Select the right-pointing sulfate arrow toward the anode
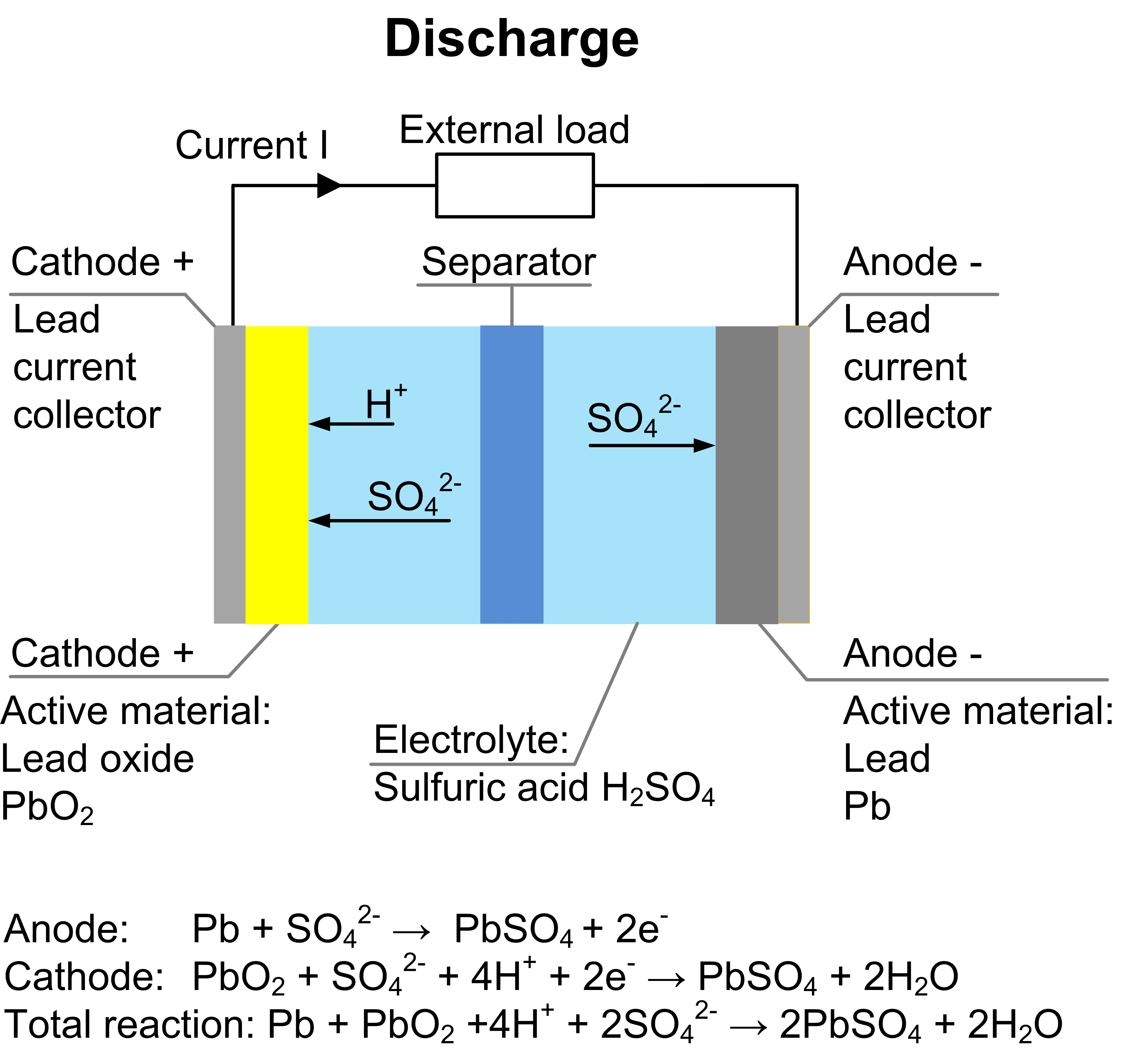(x=651, y=446)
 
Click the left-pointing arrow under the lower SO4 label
(x=379, y=520)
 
